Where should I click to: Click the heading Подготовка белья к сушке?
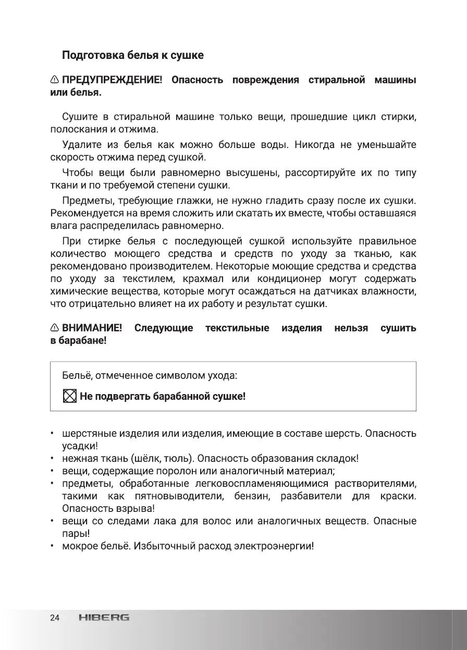pyautogui.click(x=133, y=55)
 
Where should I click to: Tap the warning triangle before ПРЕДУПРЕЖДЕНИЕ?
pyautogui.click(x=55, y=80)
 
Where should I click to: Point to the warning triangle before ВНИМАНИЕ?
pyautogui.click(x=55, y=328)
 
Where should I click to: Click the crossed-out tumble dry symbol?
pyautogui.click(x=69, y=397)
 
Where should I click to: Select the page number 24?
pyautogui.click(x=55, y=618)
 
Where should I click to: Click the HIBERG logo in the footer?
pyautogui.click(x=104, y=618)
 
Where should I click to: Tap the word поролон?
pyautogui.click(x=170, y=471)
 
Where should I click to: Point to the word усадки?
pyautogui.click(x=80, y=446)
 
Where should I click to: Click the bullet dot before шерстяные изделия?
pyautogui.click(x=52, y=434)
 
